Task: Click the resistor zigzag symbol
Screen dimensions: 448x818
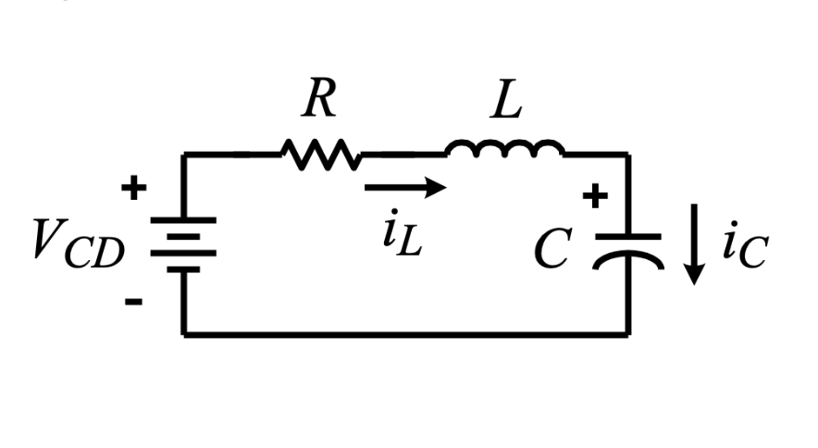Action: (x=319, y=154)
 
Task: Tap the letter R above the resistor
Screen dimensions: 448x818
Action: (x=318, y=101)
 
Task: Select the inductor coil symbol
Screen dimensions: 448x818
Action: (x=504, y=148)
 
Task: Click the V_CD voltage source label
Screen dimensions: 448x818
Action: (x=78, y=243)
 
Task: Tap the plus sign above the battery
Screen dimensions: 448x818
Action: (x=134, y=189)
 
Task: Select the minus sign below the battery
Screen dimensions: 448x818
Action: (x=134, y=302)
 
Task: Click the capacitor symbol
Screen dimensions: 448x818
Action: (x=629, y=249)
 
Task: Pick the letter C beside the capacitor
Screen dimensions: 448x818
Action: (x=552, y=249)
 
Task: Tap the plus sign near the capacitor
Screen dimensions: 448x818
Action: (x=595, y=196)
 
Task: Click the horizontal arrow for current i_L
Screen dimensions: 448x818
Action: (x=405, y=188)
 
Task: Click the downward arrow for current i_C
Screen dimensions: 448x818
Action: (x=695, y=250)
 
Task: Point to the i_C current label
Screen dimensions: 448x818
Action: (x=744, y=248)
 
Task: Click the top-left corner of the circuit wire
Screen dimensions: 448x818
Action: (x=184, y=155)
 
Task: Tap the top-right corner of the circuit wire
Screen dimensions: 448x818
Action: (x=629, y=155)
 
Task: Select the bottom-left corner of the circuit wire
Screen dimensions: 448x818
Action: (x=184, y=333)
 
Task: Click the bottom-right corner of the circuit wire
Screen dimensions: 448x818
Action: (x=629, y=333)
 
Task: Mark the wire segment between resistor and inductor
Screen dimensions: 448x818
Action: (x=403, y=154)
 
